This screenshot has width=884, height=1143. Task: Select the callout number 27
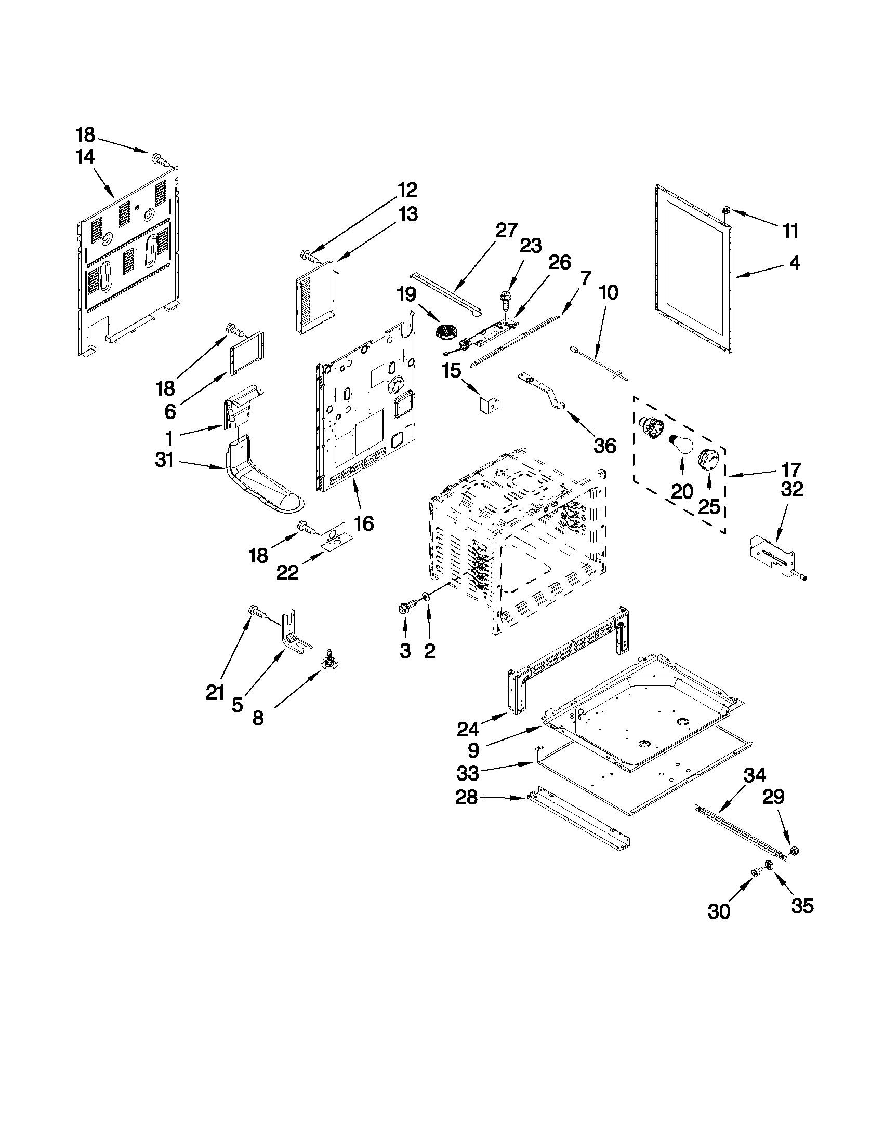(506, 231)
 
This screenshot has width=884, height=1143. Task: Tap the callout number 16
(364, 523)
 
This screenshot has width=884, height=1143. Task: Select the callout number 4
(795, 262)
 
